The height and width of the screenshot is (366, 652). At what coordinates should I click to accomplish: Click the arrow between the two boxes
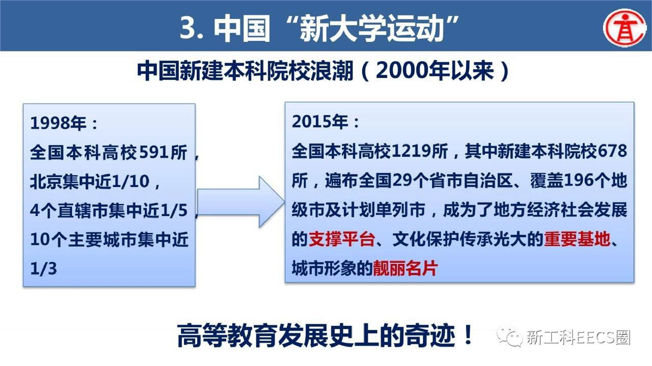(x=241, y=202)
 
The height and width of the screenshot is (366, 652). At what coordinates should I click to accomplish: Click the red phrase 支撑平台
(x=342, y=239)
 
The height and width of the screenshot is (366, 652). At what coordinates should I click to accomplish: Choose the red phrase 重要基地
(x=577, y=239)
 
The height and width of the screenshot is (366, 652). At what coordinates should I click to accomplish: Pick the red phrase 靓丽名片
(x=405, y=268)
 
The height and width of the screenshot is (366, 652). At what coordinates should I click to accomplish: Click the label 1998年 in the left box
(x=58, y=123)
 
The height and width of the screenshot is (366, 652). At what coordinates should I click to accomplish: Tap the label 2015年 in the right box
(x=320, y=121)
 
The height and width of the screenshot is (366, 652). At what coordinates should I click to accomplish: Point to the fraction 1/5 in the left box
(x=174, y=211)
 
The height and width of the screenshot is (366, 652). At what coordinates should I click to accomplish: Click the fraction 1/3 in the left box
(x=44, y=269)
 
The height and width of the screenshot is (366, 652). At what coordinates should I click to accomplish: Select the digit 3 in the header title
(x=188, y=28)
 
